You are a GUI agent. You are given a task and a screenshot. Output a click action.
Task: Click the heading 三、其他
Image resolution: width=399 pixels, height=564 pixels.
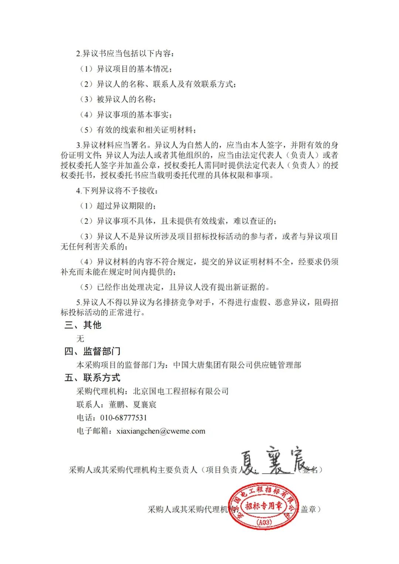coord(83,325)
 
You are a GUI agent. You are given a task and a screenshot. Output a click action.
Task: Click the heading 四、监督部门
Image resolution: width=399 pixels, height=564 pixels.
coord(92,351)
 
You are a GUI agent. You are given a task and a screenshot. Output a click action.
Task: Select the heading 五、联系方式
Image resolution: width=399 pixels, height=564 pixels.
coord(92,377)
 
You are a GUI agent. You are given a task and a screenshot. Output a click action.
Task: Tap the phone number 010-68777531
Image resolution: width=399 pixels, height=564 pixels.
coord(123,418)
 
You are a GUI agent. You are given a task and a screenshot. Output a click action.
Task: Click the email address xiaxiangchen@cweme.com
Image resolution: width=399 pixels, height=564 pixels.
coord(161,431)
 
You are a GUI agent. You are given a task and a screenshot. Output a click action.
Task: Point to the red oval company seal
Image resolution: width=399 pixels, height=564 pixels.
coord(263,506)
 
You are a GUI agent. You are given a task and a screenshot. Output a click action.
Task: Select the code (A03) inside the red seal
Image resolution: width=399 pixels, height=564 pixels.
coord(263,522)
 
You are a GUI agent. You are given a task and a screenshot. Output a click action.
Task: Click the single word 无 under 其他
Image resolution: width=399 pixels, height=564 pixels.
coord(80,338)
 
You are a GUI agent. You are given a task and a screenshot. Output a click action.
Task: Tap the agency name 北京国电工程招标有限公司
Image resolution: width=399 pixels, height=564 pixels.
coord(181,391)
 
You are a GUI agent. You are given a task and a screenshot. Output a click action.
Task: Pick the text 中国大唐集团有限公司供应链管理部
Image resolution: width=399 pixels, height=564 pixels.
coord(237,365)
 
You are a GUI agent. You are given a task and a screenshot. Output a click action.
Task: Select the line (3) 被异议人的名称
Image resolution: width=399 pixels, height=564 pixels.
coord(118,99)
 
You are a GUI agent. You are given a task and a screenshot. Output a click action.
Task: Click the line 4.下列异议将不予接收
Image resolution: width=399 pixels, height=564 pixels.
coord(117,191)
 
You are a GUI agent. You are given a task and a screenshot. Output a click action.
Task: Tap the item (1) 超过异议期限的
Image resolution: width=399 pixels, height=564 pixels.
coord(118,206)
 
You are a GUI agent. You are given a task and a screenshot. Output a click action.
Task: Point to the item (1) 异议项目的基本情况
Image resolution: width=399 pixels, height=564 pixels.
coord(126,69)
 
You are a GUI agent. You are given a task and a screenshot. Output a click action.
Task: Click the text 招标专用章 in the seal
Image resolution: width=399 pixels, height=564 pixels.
coord(264,506)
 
